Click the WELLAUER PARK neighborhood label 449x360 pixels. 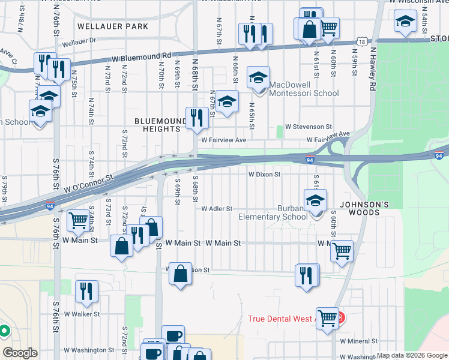(113, 26)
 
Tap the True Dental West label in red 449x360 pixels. (289, 318)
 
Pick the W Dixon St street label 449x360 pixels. (265, 175)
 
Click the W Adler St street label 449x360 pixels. (217, 209)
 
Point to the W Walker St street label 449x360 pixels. (82, 314)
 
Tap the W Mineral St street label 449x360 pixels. (359, 341)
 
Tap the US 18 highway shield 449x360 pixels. (360, 41)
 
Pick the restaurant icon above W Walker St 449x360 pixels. (87, 290)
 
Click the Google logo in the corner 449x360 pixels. (19, 353)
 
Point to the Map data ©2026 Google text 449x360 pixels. (412, 355)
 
